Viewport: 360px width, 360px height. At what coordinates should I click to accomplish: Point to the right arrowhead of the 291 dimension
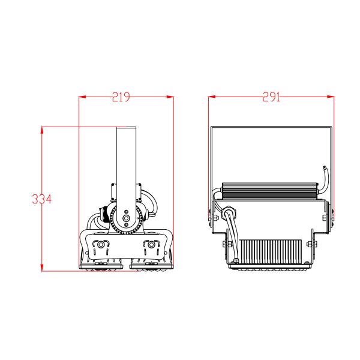[x=331, y=97]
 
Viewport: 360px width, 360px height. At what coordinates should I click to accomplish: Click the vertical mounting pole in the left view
[x=126, y=156]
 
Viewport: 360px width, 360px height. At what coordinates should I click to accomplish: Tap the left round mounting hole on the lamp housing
[x=101, y=245]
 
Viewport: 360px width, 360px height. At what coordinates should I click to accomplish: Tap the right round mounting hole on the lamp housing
[x=150, y=245]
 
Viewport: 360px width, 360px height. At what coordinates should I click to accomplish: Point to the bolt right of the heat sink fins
[x=310, y=243]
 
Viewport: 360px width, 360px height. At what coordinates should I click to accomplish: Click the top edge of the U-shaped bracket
[x=270, y=127]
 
